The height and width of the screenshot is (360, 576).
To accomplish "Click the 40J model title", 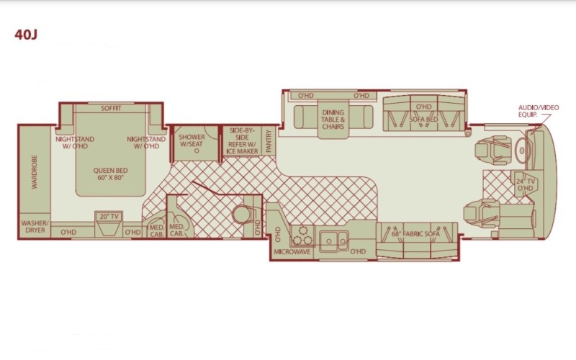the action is point(26,34).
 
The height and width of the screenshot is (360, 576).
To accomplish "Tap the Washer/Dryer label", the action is point(35,227).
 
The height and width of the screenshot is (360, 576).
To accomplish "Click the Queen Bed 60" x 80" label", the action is point(110,174).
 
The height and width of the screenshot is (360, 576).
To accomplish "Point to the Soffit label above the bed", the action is point(111,109).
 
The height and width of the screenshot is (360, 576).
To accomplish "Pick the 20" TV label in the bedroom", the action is point(109,217).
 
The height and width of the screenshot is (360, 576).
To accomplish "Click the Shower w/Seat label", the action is point(192,140).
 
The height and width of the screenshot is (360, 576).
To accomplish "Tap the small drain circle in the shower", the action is point(197,150).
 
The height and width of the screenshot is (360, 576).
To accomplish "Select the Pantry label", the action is point(269,141).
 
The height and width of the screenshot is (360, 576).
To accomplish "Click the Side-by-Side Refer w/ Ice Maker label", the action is point(242,140).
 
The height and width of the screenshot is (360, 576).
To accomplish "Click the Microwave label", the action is point(292,252).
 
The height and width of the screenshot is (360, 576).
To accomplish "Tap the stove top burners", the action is point(302,235).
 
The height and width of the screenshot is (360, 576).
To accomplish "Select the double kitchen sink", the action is point(333,241).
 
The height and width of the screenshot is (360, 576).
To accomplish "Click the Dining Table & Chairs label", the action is point(333,120).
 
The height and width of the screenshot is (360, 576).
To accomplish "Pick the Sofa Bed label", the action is point(423,120).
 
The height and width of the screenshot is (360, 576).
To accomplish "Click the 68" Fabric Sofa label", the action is point(415,233).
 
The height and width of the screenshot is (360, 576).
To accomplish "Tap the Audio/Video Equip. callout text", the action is point(538,111).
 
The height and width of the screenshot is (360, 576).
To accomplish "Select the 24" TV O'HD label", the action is point(526,185).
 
